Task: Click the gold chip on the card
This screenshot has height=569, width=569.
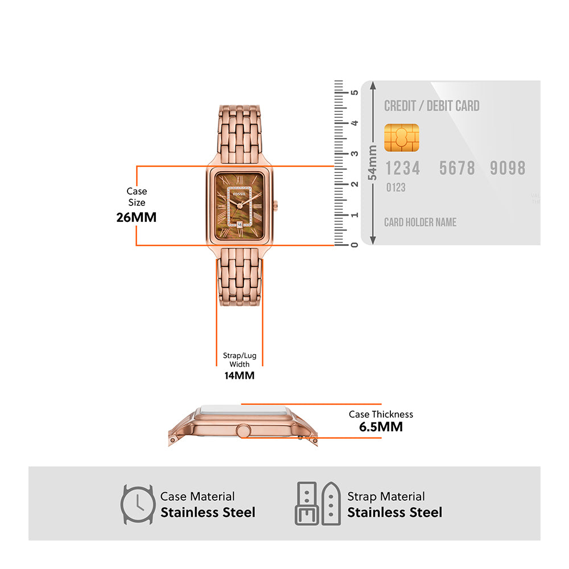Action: tap(401, 138)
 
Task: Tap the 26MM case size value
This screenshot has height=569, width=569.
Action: tap(136, 217)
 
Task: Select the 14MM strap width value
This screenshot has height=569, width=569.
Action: tap(239, 376)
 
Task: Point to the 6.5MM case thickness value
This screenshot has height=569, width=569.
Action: tap(381, 427)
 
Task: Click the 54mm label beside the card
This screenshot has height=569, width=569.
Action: tap(373, 163)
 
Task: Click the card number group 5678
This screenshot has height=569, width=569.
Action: tap(457, 168)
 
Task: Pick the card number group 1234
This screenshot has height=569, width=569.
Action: tap(403, 168)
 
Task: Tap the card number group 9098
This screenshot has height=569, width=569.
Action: tap(508, 168)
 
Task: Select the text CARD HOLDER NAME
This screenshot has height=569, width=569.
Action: tap(420, 222)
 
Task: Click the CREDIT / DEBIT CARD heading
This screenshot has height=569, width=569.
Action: tap(432, 106)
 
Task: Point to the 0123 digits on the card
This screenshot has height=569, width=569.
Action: tap(396, 187)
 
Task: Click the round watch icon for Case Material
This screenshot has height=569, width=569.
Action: tap(137, 504)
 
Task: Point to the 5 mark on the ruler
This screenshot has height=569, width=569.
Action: tap(354, 92)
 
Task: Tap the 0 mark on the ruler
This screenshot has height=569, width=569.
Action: tap(354, 245)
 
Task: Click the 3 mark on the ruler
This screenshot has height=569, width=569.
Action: tap(354, 154)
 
